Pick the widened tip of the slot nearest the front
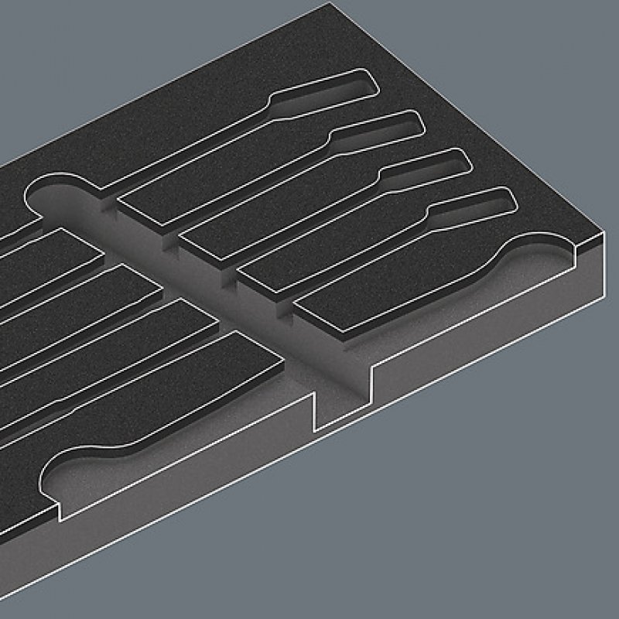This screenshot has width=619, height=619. [491, 202]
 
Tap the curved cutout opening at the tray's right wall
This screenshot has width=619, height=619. [534, 255]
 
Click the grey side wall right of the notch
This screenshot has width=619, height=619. [480, 325]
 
